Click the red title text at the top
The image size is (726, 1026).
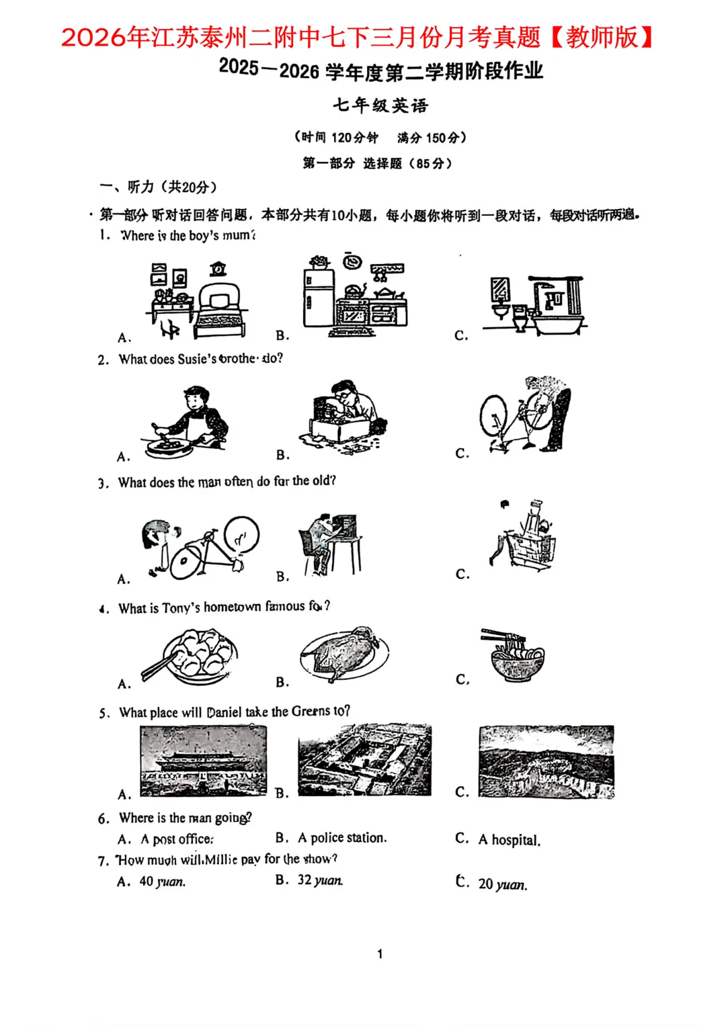click(357, 37)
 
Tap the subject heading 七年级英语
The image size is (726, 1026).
click(380, 105)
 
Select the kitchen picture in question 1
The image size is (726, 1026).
click(355, 295)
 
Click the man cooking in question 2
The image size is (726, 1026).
click(187, 422)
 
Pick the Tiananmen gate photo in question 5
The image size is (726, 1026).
click(203, 761)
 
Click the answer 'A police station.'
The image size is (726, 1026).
click(342, 838)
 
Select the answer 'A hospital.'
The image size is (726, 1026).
click(509, 840)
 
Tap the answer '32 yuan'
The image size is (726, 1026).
click(320, 880)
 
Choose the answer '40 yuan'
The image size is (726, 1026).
click(162, 882)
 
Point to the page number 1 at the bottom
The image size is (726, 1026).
click(380, 953)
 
